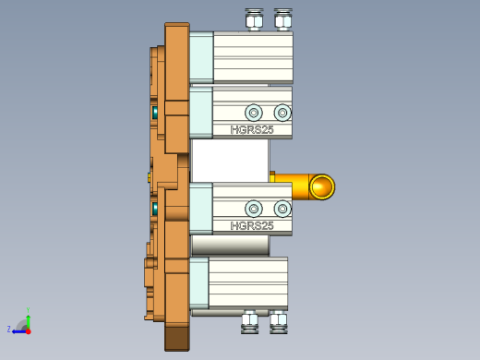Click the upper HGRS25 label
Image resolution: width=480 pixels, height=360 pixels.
(252, 130)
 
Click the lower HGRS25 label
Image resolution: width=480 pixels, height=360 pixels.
(252, 225)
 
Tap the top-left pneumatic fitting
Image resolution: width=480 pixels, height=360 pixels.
(254, 19)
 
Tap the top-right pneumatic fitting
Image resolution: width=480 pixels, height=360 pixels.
(283, 19)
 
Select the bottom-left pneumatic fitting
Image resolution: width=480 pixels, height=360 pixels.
(249, 320)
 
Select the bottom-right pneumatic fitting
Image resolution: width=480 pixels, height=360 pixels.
(278, 320)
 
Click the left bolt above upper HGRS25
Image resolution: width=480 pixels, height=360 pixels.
(254, 113)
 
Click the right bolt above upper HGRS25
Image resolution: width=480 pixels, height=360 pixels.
(282, 113)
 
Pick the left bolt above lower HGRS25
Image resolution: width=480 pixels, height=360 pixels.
(254, 209)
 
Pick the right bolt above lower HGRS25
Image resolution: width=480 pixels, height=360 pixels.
(282, 209)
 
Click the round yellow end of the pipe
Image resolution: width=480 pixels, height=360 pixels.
(321, 187)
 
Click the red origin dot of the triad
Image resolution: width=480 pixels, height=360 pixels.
(29, 330)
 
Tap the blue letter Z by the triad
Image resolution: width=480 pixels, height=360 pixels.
(9, 329)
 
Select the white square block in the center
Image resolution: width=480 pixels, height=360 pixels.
(230, 161)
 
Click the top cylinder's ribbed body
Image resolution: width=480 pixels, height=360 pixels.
(252, 57)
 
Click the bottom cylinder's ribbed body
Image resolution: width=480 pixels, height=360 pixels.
(247, 282)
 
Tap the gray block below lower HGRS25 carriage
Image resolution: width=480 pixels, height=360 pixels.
(230, 246)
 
